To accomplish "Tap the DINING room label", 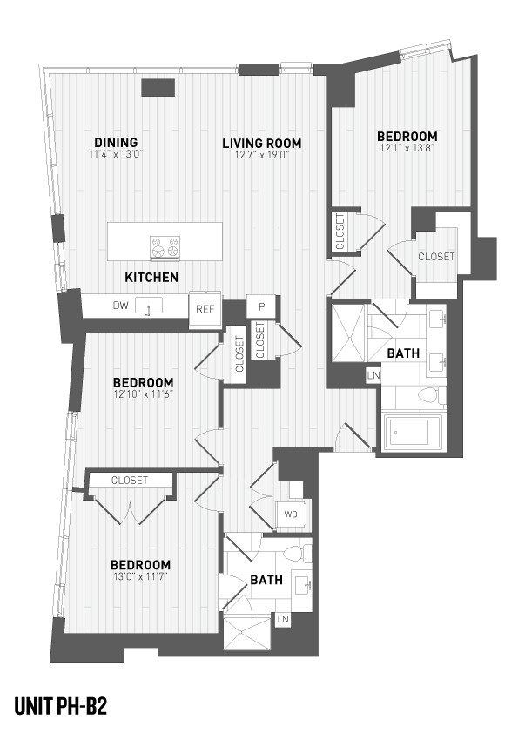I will click(116, 143).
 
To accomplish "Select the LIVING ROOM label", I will click(261, 143).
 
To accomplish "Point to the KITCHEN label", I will click(151, 278).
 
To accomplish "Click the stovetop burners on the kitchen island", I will click(164, 247).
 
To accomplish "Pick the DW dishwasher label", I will click(120, 306).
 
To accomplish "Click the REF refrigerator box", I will click(205, 308).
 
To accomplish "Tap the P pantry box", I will click(260, 307).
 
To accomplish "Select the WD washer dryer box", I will click(290, 514).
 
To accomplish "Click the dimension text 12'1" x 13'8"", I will click(406, 150).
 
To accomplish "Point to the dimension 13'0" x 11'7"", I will click(139, 577).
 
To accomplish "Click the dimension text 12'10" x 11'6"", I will click(143, 395).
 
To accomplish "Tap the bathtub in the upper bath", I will click(414, 433).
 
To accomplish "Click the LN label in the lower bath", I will click(283, 620).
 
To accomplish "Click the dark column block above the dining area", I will click(158, 87).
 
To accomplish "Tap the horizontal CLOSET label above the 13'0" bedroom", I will click(129, 481).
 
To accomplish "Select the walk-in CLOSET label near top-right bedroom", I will click(435, 257).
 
